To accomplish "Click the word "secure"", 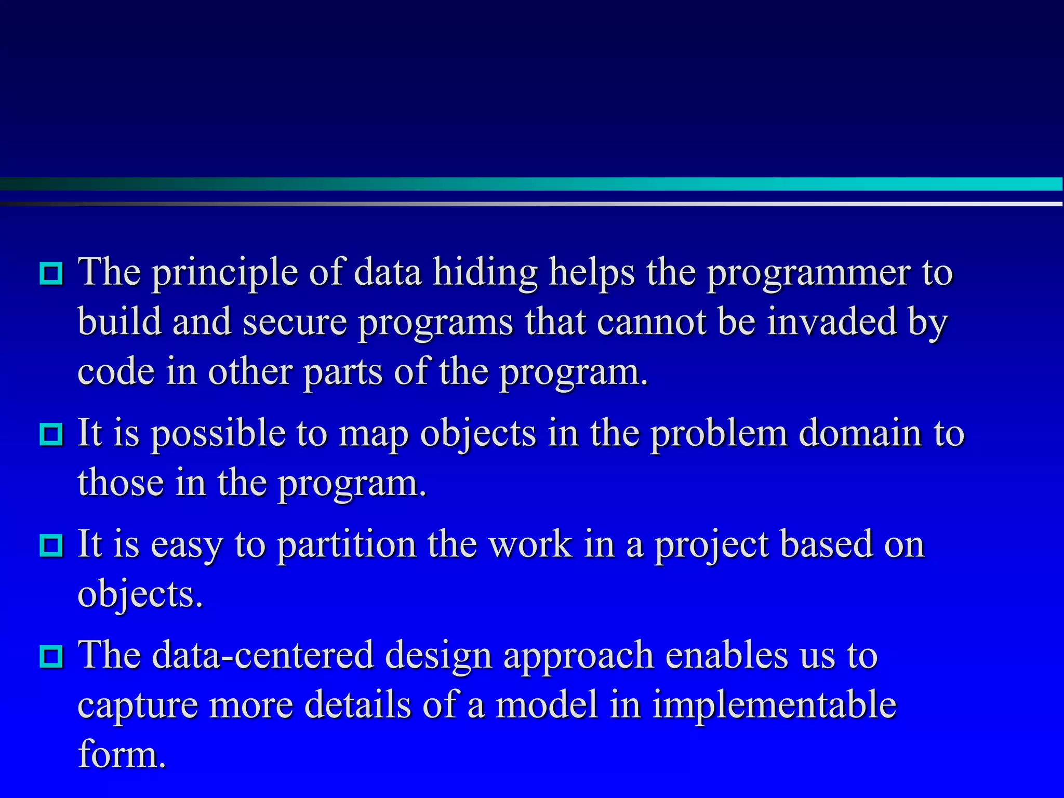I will [x=295, y=322].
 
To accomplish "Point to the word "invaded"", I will [x=832, y=322].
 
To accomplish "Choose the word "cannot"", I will [x=651, y=322].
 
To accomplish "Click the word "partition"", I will [x=346, y=544].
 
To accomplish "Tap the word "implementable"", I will [x=774, y=706].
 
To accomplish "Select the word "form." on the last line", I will [x=122, y=754].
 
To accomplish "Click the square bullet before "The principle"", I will [x=51, y=273].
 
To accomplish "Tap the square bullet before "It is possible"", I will [x=51, y=434].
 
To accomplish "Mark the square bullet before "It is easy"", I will [x=51, y=546].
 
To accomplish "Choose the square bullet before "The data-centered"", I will [x=51, y=657].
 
